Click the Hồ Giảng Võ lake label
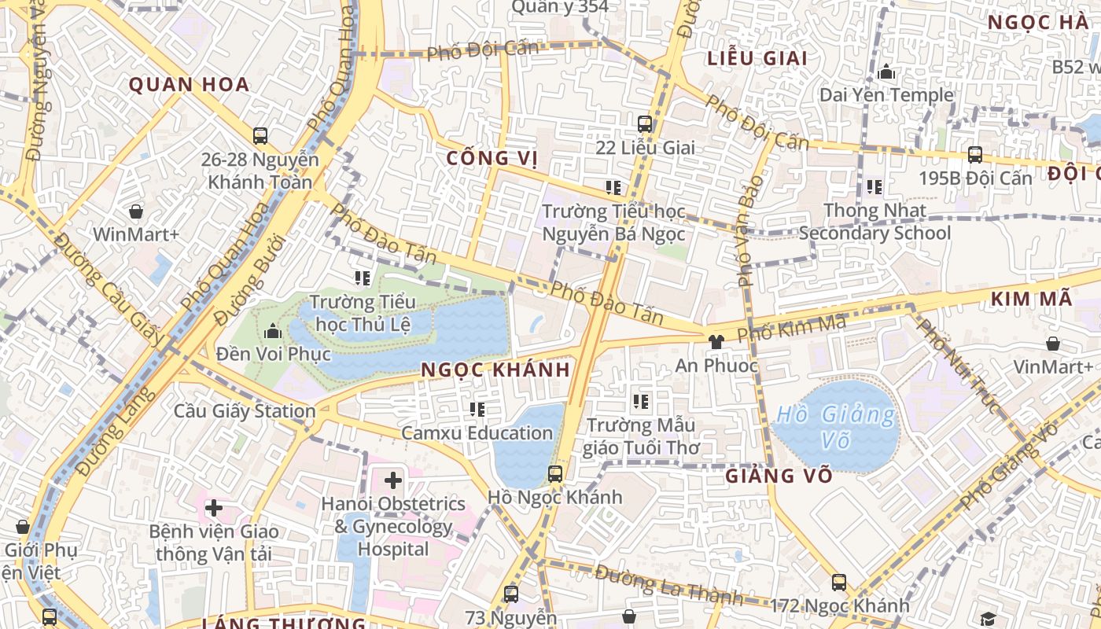837,427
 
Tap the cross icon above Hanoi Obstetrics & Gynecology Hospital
392,480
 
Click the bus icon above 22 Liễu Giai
645,124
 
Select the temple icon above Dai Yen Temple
886,72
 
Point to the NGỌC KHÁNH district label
495,370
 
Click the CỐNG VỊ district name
492,158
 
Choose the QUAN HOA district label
189,85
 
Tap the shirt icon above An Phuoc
716,342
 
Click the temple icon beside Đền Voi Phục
274,331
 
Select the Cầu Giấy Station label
245,410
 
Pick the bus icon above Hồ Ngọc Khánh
555,473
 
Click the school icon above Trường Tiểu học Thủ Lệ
362,278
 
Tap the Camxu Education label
477,433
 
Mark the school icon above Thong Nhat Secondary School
874,187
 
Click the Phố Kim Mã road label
791,326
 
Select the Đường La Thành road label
668,585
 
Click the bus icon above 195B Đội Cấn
975,155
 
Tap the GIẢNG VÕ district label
779,476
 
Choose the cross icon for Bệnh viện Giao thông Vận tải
213,508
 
